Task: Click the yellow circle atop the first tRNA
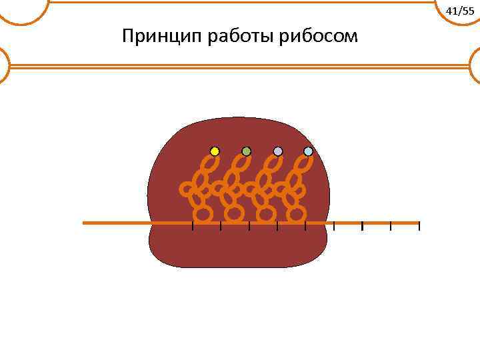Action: pos(215,151)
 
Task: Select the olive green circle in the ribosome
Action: pos(246,151)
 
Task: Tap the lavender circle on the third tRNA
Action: pos(278,151)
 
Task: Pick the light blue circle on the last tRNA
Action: pos(308,151)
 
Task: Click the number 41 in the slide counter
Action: pos(451,11)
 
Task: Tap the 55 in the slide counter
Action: pos(467,11)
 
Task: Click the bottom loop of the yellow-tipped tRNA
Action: pos(203,213)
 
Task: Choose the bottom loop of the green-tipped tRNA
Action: pos(234,213)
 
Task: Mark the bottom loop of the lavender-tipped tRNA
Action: pos(266,213)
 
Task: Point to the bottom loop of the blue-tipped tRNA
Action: pos(297,213)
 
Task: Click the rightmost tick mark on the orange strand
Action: pos(419,226)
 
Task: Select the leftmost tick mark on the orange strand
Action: pos(193,226)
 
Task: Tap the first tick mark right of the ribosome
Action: pos(334,226)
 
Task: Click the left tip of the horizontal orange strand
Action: pos(84,223)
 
